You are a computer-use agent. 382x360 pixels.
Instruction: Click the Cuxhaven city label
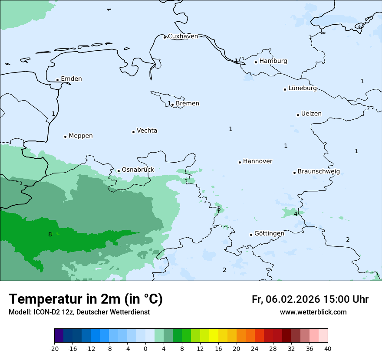click(183, 36)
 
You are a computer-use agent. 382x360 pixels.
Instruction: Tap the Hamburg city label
click(273, 61)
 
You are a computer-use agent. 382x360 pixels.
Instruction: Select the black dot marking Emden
click(57, 80)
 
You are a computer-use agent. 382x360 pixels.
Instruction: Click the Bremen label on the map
click(188, 104)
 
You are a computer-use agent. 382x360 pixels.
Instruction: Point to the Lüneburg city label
click(303, 88)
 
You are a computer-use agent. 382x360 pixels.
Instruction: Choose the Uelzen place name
click(311, 114)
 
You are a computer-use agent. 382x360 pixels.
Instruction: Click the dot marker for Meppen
click(65, 137)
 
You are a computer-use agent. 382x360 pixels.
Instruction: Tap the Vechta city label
click(147, 131)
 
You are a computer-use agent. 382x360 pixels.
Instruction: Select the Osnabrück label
click(138, 170)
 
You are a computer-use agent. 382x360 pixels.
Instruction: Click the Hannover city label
click(257, 161)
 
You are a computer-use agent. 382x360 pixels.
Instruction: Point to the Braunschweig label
click(319, 172)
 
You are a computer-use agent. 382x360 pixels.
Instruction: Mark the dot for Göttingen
click(251, 235)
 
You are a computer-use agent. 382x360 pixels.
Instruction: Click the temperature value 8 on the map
click(50, 235)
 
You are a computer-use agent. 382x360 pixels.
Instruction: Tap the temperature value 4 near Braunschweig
click(296, 214)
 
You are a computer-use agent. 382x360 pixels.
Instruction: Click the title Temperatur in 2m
click(86, 299)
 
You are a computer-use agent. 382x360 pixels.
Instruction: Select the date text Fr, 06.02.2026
click(286, 299)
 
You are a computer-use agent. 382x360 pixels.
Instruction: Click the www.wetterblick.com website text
click(313, 312)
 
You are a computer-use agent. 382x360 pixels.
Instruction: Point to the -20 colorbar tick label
click(54, 349)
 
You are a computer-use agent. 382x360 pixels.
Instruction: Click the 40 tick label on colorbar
click(328, 349)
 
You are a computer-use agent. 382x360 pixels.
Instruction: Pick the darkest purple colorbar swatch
click(59, 336)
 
